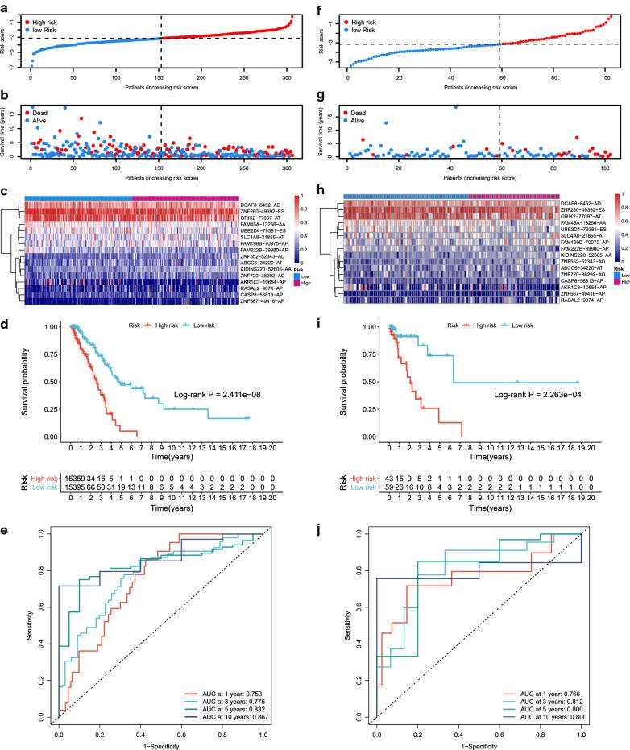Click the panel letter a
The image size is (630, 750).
click(6, 7)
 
